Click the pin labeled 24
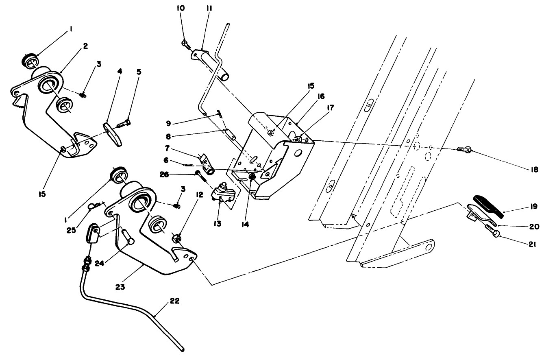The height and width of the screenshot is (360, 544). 128,238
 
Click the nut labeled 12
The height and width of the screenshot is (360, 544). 176,238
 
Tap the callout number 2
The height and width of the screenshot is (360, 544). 85,46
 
